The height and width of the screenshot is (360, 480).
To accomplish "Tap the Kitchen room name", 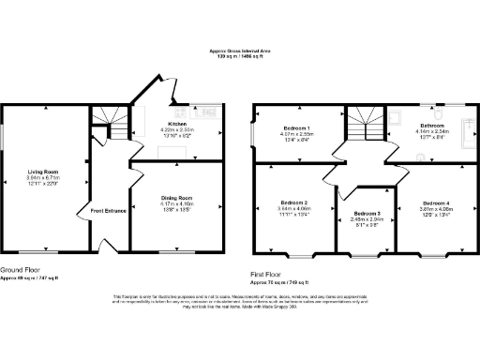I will pyautogui.click(x=178, y=123).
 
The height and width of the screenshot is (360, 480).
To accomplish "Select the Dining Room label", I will pyautogui.click(x=176, y=198).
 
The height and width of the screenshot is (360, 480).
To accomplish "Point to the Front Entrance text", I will pyautogui.click(x=109, y=210).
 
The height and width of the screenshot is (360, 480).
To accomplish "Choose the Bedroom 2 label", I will pyautogui.click(x=293, y=202).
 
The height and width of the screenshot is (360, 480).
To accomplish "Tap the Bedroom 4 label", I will pyautogui.click(x=435, y=202).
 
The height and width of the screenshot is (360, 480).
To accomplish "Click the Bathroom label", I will pyautogui.click(x=432, y=125).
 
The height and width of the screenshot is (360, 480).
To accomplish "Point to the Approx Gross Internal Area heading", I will pyautogui.click(x=240, y=52).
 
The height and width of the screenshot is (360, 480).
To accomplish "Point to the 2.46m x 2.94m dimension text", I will pyautogui.click(x=367, y=221).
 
